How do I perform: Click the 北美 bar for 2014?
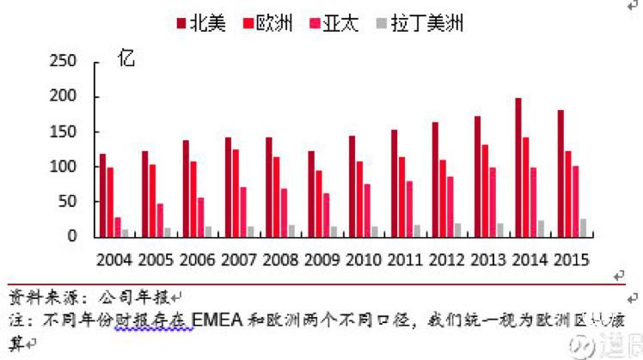coord(517,167)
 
